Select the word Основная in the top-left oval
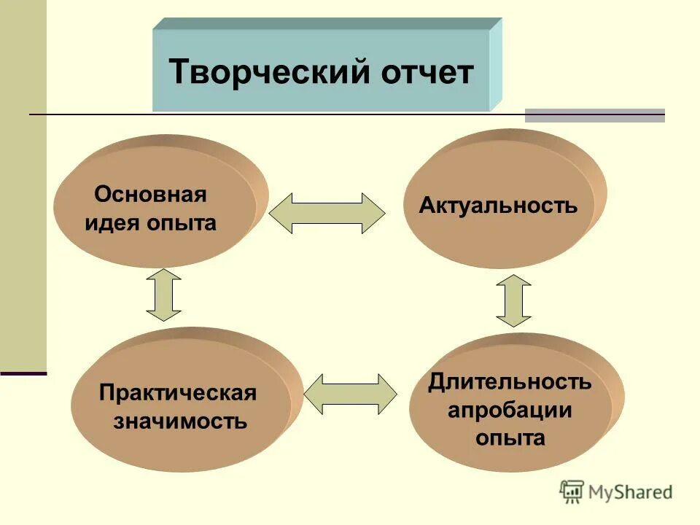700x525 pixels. pos(150,195)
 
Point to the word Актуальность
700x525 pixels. pos(498,206)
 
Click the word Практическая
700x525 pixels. pos(178,393)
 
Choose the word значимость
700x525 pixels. pos(180,421)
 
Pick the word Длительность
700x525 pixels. pos(510,381)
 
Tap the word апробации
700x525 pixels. pos(510,409)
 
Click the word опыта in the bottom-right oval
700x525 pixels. pos(510,438)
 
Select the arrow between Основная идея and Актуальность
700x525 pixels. pos(327,213)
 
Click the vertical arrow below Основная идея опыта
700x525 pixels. pos(163,295)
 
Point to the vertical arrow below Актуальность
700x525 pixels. pos(513,300)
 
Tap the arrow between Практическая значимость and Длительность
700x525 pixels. pos(350,394)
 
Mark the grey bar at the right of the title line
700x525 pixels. pos(594,115)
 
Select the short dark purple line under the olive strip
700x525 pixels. pos(23,373)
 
